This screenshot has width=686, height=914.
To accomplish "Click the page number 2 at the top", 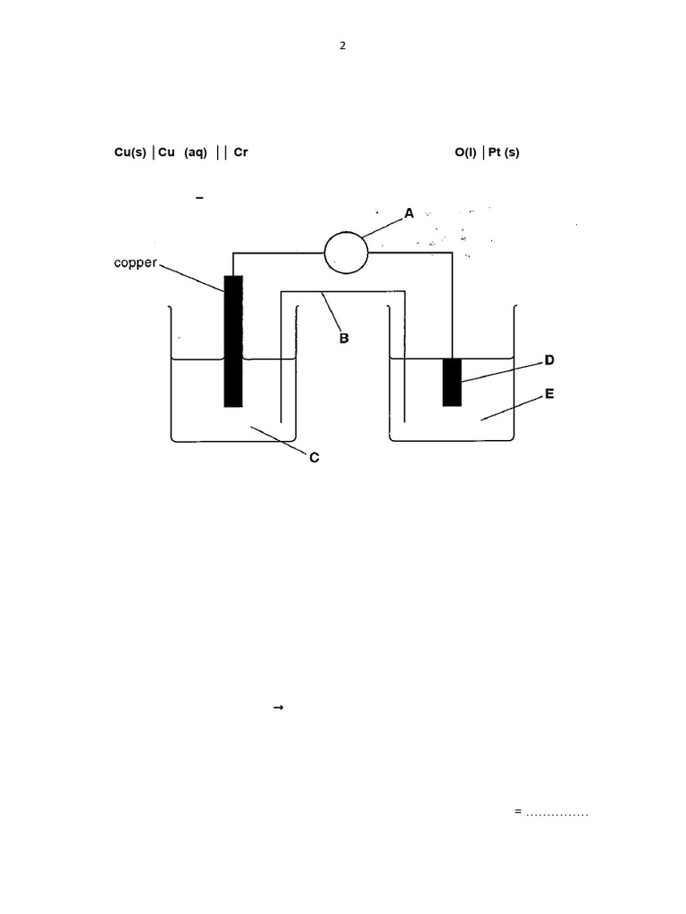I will coord(342,47).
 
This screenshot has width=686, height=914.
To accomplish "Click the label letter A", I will coord(409,213).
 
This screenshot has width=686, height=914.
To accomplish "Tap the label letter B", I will coord(343,339).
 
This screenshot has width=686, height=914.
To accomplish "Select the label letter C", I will coord(314,458).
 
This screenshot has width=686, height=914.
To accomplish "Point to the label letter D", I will coord(549,361).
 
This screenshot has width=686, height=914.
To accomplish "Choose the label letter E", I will coord(549,393).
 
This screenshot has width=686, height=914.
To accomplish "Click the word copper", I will coord(136,263).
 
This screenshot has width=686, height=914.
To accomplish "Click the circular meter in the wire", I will coord(345,252).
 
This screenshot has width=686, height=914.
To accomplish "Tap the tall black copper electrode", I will coord(233,341).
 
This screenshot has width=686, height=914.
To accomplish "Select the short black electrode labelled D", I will coord(452,381).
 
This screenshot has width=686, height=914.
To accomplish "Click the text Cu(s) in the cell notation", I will coord(130,153).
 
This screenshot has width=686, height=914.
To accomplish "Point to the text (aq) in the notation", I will coord(196,153).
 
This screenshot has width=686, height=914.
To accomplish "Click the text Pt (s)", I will coord(504,153).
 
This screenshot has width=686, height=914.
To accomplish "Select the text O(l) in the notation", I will coord(465,153).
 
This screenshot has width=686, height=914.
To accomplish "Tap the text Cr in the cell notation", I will coord(240,153).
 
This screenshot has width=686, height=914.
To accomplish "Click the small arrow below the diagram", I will coord(277,707).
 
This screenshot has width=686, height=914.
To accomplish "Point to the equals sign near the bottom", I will coord(518,811).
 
